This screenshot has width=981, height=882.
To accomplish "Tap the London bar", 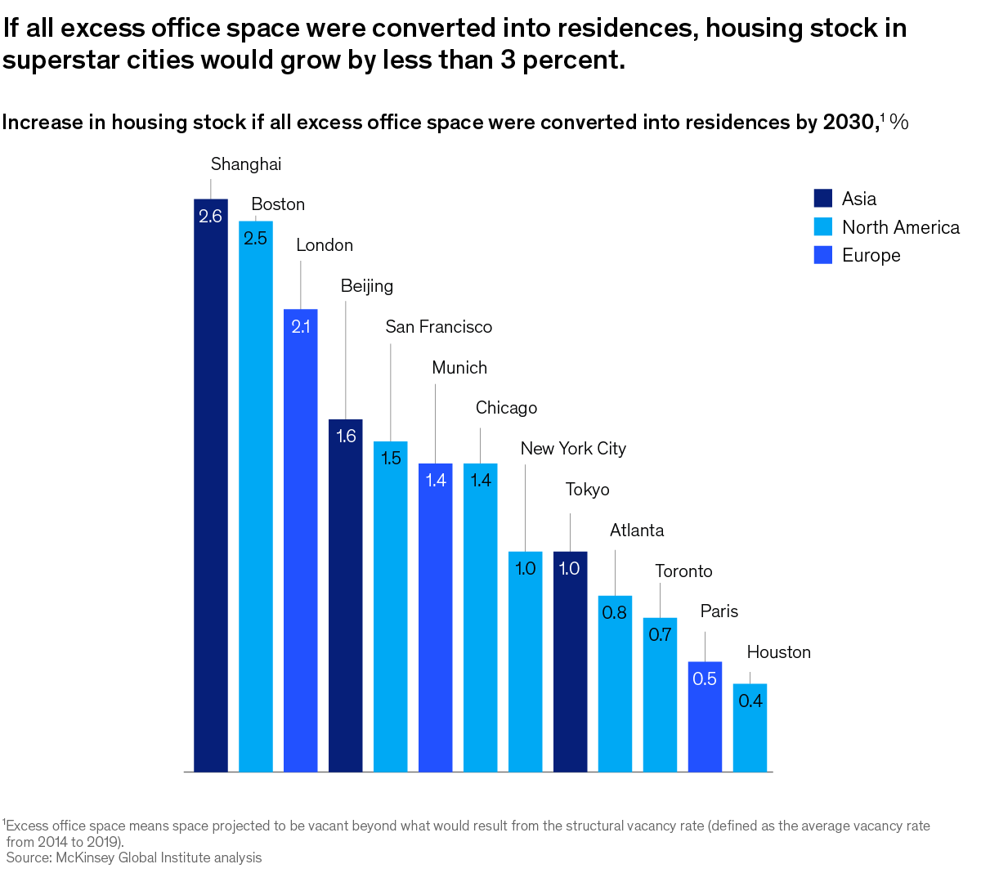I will (301, 539).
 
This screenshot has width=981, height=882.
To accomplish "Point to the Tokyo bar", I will (570, 661).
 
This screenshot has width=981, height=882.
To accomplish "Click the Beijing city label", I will (367, 286).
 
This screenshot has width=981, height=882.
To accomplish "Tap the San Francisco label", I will (439, 327).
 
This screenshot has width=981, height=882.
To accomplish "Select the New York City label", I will (573, 449).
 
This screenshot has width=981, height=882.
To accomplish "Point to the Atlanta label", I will (637, 531).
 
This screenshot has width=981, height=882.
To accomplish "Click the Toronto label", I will (683, 571).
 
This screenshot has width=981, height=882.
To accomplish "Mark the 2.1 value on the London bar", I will (301, 327).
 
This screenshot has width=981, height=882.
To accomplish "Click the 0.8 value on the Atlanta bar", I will (615, 612).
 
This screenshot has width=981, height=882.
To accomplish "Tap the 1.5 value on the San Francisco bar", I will (391, 458).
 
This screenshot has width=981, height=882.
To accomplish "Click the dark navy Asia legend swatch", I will (823, 199).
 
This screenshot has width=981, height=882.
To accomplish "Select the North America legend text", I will (901, 227).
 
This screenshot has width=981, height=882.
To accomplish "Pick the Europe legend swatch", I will (823, 255).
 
